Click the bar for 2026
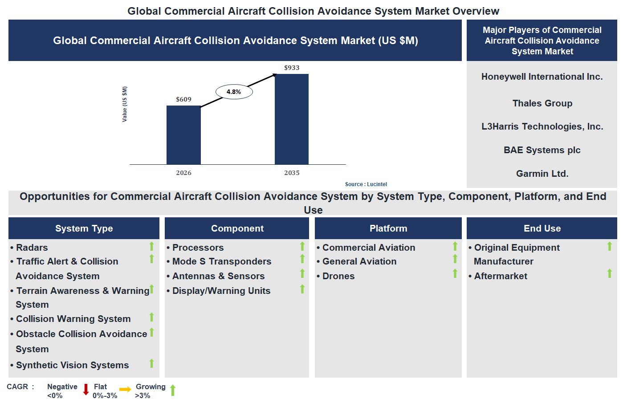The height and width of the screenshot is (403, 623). tap(183, 135)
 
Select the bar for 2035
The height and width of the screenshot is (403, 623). tap(292, 119)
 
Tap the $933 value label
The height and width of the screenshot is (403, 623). tap(292, 68)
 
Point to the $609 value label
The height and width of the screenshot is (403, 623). tap(183, 99)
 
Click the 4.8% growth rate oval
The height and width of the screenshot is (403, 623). tap(234, 92)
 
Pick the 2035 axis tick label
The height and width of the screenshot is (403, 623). tap(292, 173)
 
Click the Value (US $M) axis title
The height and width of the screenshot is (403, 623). tap(125, 104)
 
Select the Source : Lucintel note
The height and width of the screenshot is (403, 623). tap(366, 184)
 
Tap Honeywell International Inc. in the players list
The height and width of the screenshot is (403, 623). tap(542, 77)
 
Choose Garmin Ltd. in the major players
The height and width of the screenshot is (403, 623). tap(542, 174)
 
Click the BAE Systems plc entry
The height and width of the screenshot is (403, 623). tap(542, 150)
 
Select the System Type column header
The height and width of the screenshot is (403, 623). tap(84, 228)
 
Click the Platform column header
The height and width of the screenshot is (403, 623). tap(388, 228)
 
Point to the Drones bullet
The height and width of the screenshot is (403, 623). tap(338, 276)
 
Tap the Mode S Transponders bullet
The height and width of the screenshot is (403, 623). tap(221, 261)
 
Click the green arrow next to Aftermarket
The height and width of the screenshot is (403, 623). tap(609, 273)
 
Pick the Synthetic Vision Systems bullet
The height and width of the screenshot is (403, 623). tap(72, 365)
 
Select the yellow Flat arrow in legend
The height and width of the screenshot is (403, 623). tap(125, 390)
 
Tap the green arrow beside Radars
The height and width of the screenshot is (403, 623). tap(151, 246)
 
